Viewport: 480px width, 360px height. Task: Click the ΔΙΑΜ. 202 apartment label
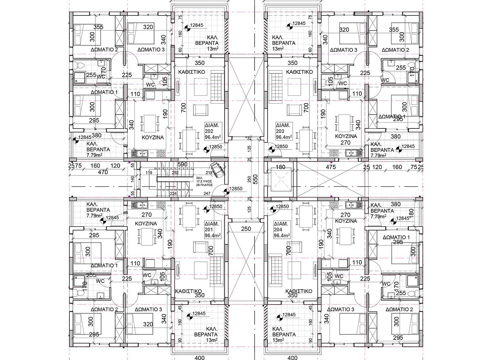point(212,131)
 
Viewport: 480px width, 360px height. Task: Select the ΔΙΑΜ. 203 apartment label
point(284,131)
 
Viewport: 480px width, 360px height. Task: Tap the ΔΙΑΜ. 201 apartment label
point(212,230)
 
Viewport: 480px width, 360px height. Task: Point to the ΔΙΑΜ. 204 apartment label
point(282,230)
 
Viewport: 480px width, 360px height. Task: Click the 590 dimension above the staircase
point(182,164)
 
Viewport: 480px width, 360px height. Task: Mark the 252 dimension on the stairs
point(175,172)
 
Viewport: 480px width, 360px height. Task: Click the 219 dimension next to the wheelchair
point(209,172)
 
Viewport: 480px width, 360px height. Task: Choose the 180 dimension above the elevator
point(280,167)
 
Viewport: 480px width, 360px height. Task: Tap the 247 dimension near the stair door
point(207,193)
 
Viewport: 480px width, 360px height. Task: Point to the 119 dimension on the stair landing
point(149,172)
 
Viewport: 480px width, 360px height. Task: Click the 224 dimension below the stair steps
point(173,193)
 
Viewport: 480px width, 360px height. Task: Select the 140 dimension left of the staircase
point(132,179)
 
